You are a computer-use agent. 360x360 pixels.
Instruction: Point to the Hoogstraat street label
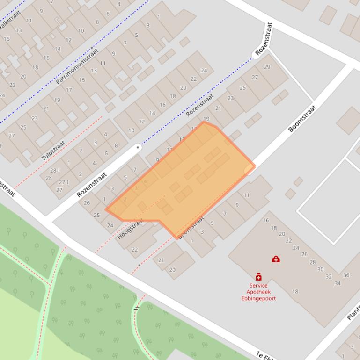[130, 229]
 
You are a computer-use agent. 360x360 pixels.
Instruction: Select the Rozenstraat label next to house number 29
[264, 39]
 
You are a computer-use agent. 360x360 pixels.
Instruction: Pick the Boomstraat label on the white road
[302, 118]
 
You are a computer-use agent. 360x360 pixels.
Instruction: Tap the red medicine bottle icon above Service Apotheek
[258, 277]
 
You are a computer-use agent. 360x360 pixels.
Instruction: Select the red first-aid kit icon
[276, 259]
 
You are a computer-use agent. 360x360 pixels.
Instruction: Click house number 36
[346, 275]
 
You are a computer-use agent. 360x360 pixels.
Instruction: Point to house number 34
[338, 283]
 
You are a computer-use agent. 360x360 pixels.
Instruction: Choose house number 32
[329, 276]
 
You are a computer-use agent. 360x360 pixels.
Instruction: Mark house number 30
[321, 269]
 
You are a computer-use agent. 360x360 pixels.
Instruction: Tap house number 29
[267, 67]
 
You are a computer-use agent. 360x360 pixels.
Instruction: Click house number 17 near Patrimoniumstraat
[69, 90]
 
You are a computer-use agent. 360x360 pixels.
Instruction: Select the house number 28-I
[55, 171]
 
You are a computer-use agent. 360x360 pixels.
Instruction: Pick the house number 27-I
[64, 182]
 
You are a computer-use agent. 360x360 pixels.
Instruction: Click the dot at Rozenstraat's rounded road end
[138, 147]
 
